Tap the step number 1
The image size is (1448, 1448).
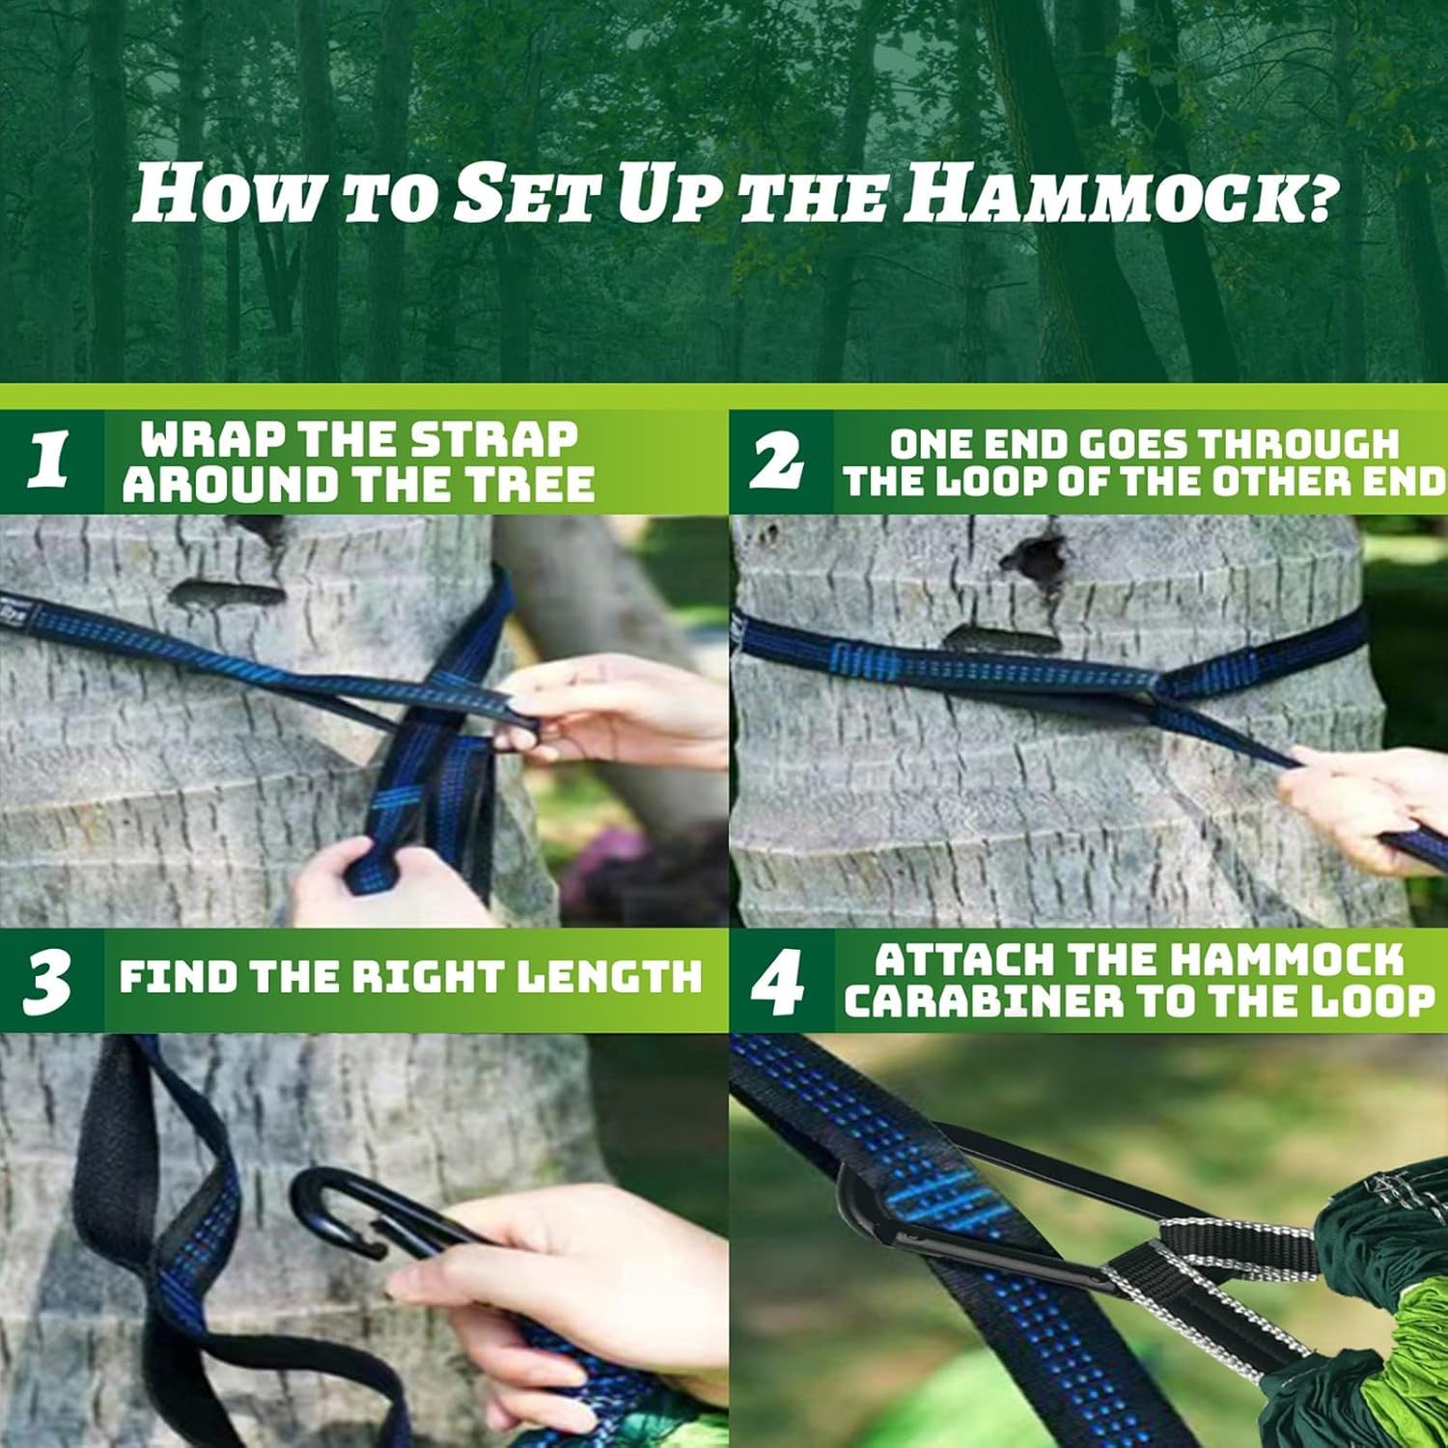click(47, 460)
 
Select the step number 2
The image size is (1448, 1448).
click(778, 460)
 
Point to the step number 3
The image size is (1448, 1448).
click(47, 981)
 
